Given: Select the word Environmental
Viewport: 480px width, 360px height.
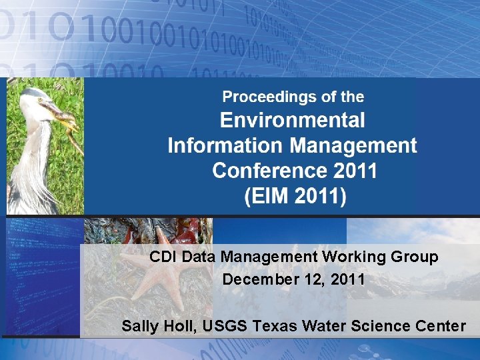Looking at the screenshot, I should coord(293,121).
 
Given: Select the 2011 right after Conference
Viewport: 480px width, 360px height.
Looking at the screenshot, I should coord(355,171).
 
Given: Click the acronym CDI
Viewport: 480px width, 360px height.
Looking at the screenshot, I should coord(163,257).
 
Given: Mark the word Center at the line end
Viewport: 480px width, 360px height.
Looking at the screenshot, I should coord(443,326).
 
